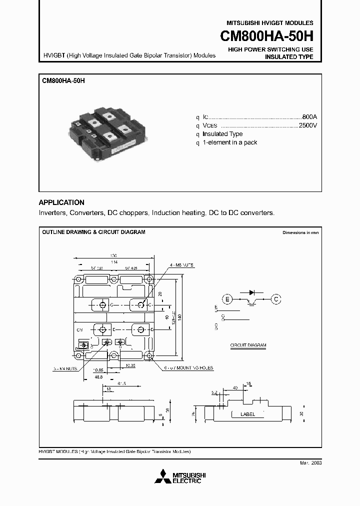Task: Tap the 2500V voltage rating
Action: click(307, 125)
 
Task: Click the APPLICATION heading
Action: click(61, 202)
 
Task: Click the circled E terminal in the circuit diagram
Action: click(228, 299)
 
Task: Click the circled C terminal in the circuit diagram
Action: click(275, 299)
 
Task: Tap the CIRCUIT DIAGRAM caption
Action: click(248, 345)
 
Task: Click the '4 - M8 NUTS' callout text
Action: click(181, 264)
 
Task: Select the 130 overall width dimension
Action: click(113, 255)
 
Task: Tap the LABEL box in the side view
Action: click(247, 414)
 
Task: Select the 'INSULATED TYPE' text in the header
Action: click(288, 57)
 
